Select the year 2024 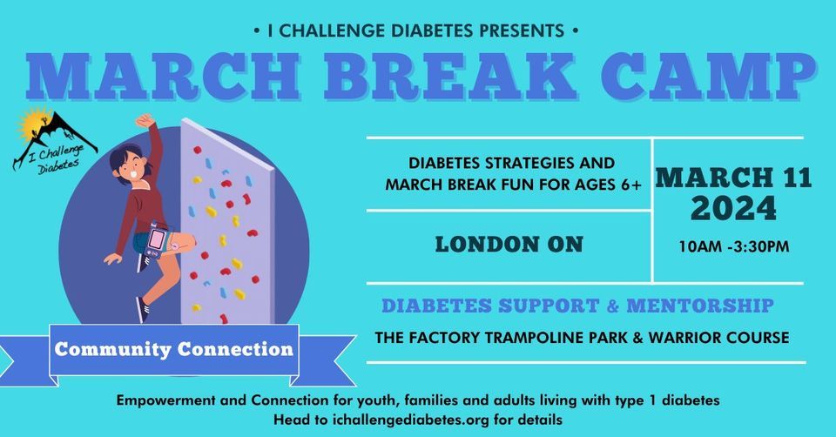[733, 208]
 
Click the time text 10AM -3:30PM [733, 246]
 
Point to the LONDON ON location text [509, 244]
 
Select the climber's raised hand [145, 121]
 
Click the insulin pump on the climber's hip [157, 241]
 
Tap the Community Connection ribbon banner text [174, 350]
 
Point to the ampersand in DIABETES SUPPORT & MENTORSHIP [613, 306]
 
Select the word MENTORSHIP [700, 306]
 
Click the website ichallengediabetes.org [410, 420]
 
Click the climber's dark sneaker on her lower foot [143, 310]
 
